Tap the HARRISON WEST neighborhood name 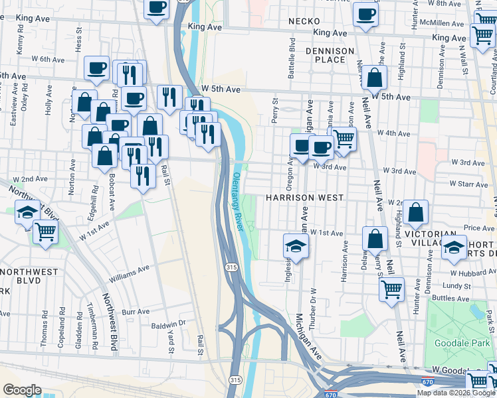coord(305,198)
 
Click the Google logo coord(22,390)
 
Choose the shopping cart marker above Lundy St coord(391,289)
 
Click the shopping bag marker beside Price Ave coord(415,213)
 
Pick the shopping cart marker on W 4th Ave coord(344,139)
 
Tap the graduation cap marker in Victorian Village coord(454,247)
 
